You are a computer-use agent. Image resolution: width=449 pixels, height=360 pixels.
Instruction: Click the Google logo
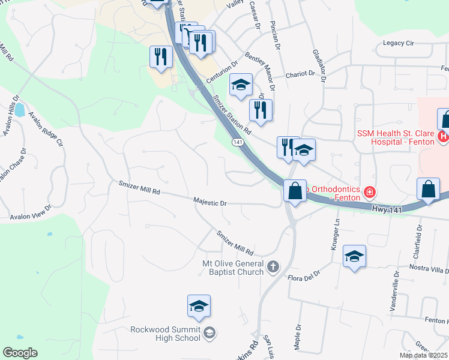(x=20, y=353)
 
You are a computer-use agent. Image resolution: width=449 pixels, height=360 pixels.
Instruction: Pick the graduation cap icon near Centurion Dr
(x=241, y=85)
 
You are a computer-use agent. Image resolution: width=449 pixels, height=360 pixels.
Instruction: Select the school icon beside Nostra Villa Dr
(x=355, y=257)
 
